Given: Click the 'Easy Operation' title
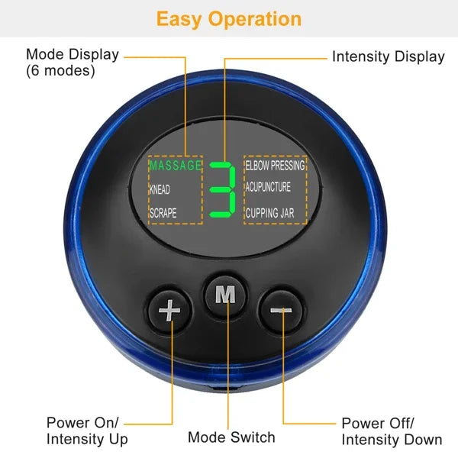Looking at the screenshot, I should pyautogui.click(x=229, y=18).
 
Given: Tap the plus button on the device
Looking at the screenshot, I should pyautogui.click(x=169, y=310).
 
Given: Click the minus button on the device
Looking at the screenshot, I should pyautogui.click(x=281, y=310).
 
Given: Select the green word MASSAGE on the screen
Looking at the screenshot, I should pyautogui.click(x=175, y=165).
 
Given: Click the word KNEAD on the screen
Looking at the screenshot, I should pyautogui.click(x=160, y=189).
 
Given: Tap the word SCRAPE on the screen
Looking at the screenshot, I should pyautogui.click(x=163, y=213).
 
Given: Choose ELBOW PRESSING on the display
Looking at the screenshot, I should pyautogui.click(x=275, y=165).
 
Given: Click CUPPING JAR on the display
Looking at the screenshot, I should pyautogui.click(x=270, y=213).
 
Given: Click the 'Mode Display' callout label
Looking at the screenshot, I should pyautogui.click(x=73, y=55).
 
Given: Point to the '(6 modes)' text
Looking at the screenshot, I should pyautogui.click(x=60, y=71).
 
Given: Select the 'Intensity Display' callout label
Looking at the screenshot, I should pyautogui.click(x=388, y=56).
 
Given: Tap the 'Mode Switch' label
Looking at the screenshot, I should pyautogui.click(x=231, y=437).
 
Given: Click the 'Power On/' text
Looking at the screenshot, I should pyautogui.click(x=82, y=423).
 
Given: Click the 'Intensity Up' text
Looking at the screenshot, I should pyautogui.click(x=87, y=439).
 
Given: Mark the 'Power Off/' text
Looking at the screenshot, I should pyautogui.click(x=378, y=423).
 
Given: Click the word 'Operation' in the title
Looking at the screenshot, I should pyautogui.click(x=260, y=18).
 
